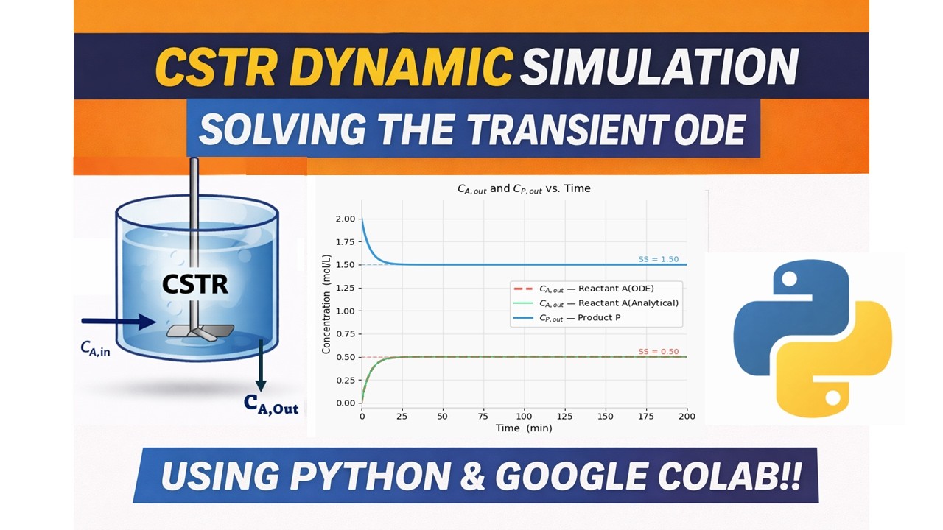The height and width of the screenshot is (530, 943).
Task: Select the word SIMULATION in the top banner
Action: [659, 67]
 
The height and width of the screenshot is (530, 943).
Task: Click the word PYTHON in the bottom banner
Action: [372, 476]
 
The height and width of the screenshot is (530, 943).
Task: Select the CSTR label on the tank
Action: [196, 284]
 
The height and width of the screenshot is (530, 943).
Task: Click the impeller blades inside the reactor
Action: [193, 332]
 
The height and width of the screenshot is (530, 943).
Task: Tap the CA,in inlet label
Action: [96, 349]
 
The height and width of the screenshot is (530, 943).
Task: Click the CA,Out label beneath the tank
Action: [271, 404]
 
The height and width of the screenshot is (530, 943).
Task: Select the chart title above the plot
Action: [524, 188]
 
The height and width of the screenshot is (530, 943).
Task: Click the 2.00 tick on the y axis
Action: [344, 219]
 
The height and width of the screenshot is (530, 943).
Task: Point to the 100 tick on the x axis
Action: [524, 417]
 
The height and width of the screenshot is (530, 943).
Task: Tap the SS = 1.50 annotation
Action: [658, 259]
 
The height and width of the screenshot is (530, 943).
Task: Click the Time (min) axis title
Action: [524, 428]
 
